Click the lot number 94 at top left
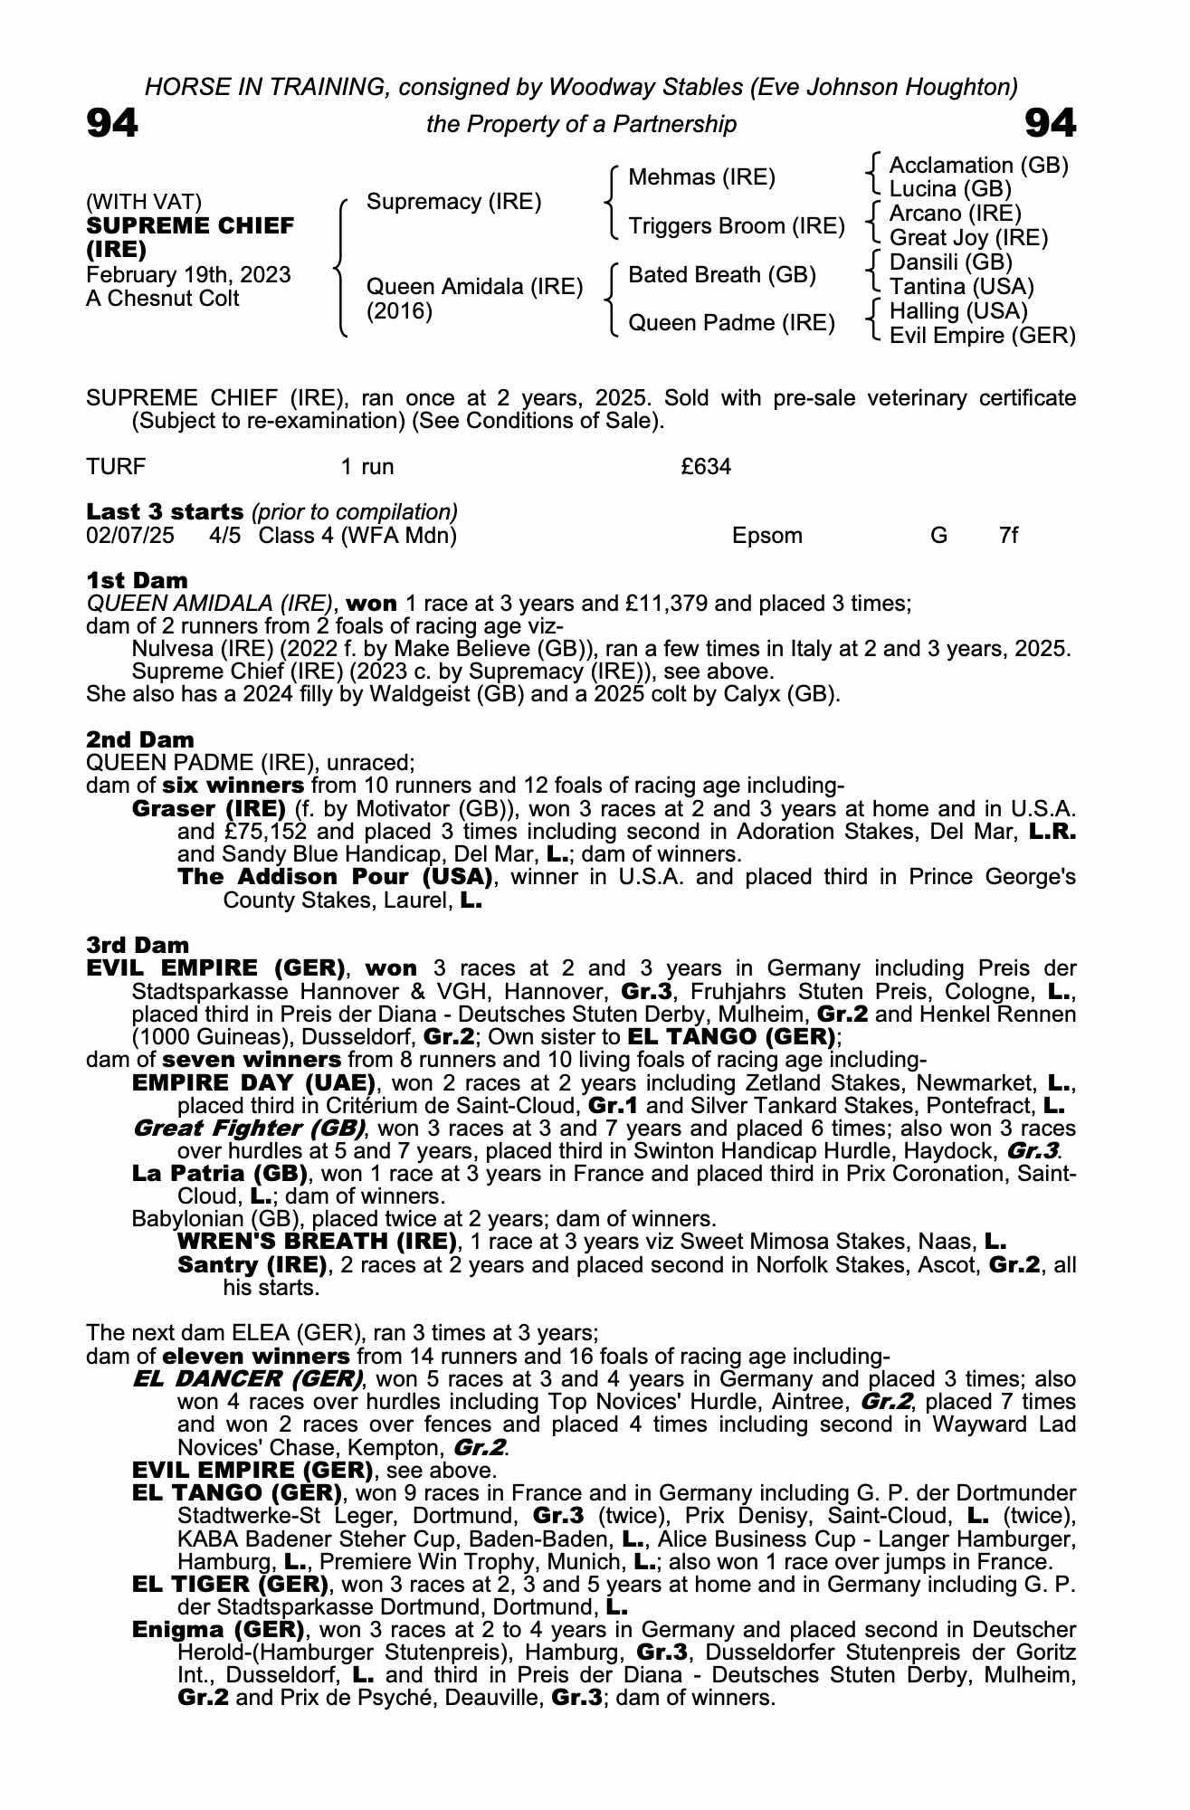point(112,123)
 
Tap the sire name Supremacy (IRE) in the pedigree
point(453,202)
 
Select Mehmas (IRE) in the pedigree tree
point(701,177)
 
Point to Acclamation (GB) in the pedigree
point(978,166)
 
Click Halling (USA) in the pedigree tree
point(958,311)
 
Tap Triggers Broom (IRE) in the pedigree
point(736,226)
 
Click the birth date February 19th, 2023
point(188,275)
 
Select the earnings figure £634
point(706,467)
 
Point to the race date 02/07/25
point(130,536)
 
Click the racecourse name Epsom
point(766,536)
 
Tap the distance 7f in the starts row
point(1008,536)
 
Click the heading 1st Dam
point(137,580)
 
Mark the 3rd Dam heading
point(138,946)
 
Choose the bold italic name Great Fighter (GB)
point(248,1129)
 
